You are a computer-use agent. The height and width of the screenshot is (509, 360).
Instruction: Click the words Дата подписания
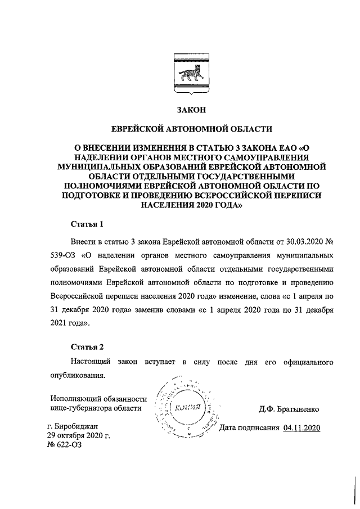(249, 428)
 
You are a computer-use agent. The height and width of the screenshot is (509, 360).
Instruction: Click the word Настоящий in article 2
(90, 360)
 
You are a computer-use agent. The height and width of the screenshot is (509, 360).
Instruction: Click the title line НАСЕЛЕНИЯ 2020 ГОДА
(188, 205)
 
